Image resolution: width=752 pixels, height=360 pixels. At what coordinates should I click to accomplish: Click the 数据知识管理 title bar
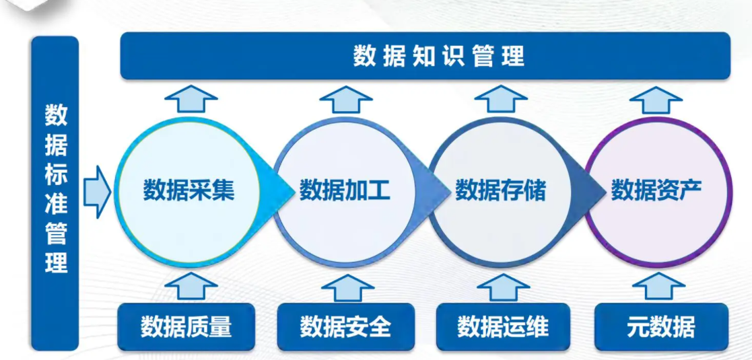pos(425,56)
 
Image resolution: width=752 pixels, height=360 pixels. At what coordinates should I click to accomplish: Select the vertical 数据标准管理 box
pos(55,193)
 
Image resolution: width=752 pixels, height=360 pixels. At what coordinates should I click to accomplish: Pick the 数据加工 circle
pos(344,192)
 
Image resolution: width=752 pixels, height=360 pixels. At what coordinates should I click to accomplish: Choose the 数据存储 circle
pos(500,192)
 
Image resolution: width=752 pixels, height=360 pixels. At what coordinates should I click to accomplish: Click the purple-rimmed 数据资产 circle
pos(656,192)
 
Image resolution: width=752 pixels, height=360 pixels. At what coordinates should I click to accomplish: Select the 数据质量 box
pos(186,327)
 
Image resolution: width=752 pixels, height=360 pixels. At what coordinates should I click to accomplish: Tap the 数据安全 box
pos(346,327)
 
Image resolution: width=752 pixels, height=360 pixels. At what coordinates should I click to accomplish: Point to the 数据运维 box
pos(503,327)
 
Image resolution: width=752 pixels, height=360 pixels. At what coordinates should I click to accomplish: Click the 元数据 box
pos(661,327)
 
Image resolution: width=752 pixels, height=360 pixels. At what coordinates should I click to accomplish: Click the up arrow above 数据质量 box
pos(191,286)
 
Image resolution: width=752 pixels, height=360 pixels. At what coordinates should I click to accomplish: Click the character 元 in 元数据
pos(638,328)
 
